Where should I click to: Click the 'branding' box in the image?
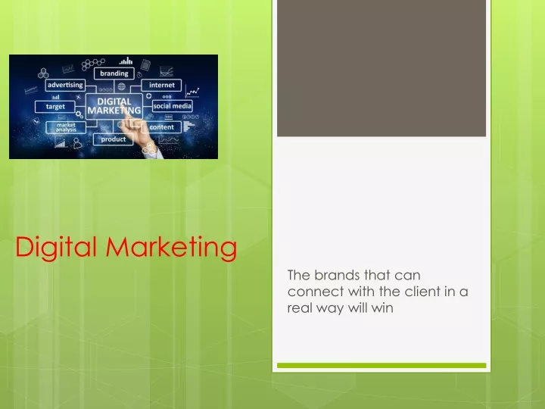114,73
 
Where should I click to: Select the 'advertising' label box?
65,85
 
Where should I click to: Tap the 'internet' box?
162,85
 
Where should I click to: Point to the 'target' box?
55,107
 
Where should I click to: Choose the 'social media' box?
173,106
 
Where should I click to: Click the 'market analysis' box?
66,127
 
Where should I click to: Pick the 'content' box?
161,127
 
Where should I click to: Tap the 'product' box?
114,139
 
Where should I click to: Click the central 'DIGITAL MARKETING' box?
114,107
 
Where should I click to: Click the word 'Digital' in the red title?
56,247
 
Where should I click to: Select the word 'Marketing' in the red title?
171,247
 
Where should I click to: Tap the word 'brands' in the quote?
337,275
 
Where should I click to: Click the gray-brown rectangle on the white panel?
381,68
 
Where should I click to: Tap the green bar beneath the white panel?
381,366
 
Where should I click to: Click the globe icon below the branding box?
121,86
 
